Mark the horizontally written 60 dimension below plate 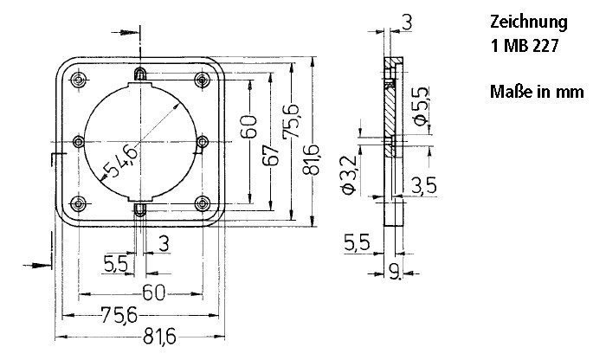(x=153, y=292)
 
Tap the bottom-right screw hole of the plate (x=203, y=203)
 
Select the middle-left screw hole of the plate (x=79, y=142)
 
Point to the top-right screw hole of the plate (x=203, y=80)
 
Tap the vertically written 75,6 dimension (x=292, y=121)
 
